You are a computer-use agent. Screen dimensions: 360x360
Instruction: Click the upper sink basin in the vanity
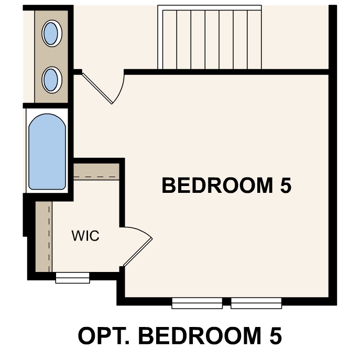click(51, 33)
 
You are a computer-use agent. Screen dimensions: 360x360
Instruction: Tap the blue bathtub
click(47, 152)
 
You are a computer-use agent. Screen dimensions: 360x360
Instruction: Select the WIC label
click(85, 236)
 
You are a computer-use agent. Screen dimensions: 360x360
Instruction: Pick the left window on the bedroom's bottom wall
click(197, 303)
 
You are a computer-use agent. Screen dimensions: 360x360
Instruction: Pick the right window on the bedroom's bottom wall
click(256, 303)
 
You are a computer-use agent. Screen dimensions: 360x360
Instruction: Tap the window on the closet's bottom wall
click(72, 278)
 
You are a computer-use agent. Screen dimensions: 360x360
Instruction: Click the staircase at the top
click(210, 38)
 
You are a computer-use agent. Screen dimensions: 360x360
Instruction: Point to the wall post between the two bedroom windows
click(226, 302)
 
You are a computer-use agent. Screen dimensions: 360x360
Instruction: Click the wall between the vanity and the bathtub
click(47, 105)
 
